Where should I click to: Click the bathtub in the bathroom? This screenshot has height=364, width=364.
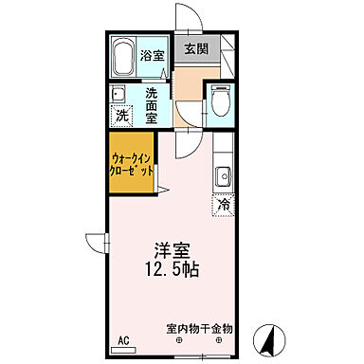[120, 59]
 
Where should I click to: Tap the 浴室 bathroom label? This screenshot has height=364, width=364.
[152, 54]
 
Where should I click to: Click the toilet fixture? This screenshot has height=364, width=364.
[220, 101]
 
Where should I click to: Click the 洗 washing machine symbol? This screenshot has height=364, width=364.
[121, 116]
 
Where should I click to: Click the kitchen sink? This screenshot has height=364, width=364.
[225, 176]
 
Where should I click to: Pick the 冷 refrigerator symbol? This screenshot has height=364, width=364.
[225, 204]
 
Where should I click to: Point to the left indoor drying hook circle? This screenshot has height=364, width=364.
[180, 340]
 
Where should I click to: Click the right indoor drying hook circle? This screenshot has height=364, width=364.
[219, 340]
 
